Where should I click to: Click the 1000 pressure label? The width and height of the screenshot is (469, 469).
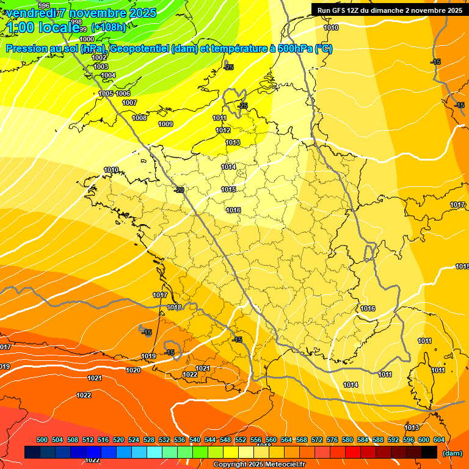[x=87, y=38]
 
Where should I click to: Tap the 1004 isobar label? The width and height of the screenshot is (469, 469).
[x=108, y=75]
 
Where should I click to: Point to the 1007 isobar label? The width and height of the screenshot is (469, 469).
[x=129, y=103]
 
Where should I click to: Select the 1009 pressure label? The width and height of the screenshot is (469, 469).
[x=165, y=124]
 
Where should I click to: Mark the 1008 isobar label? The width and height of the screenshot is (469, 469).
[x=139, y=118]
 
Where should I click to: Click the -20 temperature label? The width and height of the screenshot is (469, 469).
[x=179, y=190]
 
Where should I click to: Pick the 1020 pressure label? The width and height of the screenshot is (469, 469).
[x=133, y=370]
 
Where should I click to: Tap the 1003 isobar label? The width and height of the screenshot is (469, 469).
[x=101, y=67]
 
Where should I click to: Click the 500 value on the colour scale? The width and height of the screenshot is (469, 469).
[x=42, y=440]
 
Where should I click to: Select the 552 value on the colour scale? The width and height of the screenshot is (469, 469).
[x=241, y=440]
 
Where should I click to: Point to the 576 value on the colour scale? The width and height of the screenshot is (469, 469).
[x=332, y=440]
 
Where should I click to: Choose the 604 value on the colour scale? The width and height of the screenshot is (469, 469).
[x=439, y=440]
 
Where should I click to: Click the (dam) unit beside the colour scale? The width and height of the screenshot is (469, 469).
[x=453, y=453]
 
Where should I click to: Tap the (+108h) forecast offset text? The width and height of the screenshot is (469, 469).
[x=108, y=27]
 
